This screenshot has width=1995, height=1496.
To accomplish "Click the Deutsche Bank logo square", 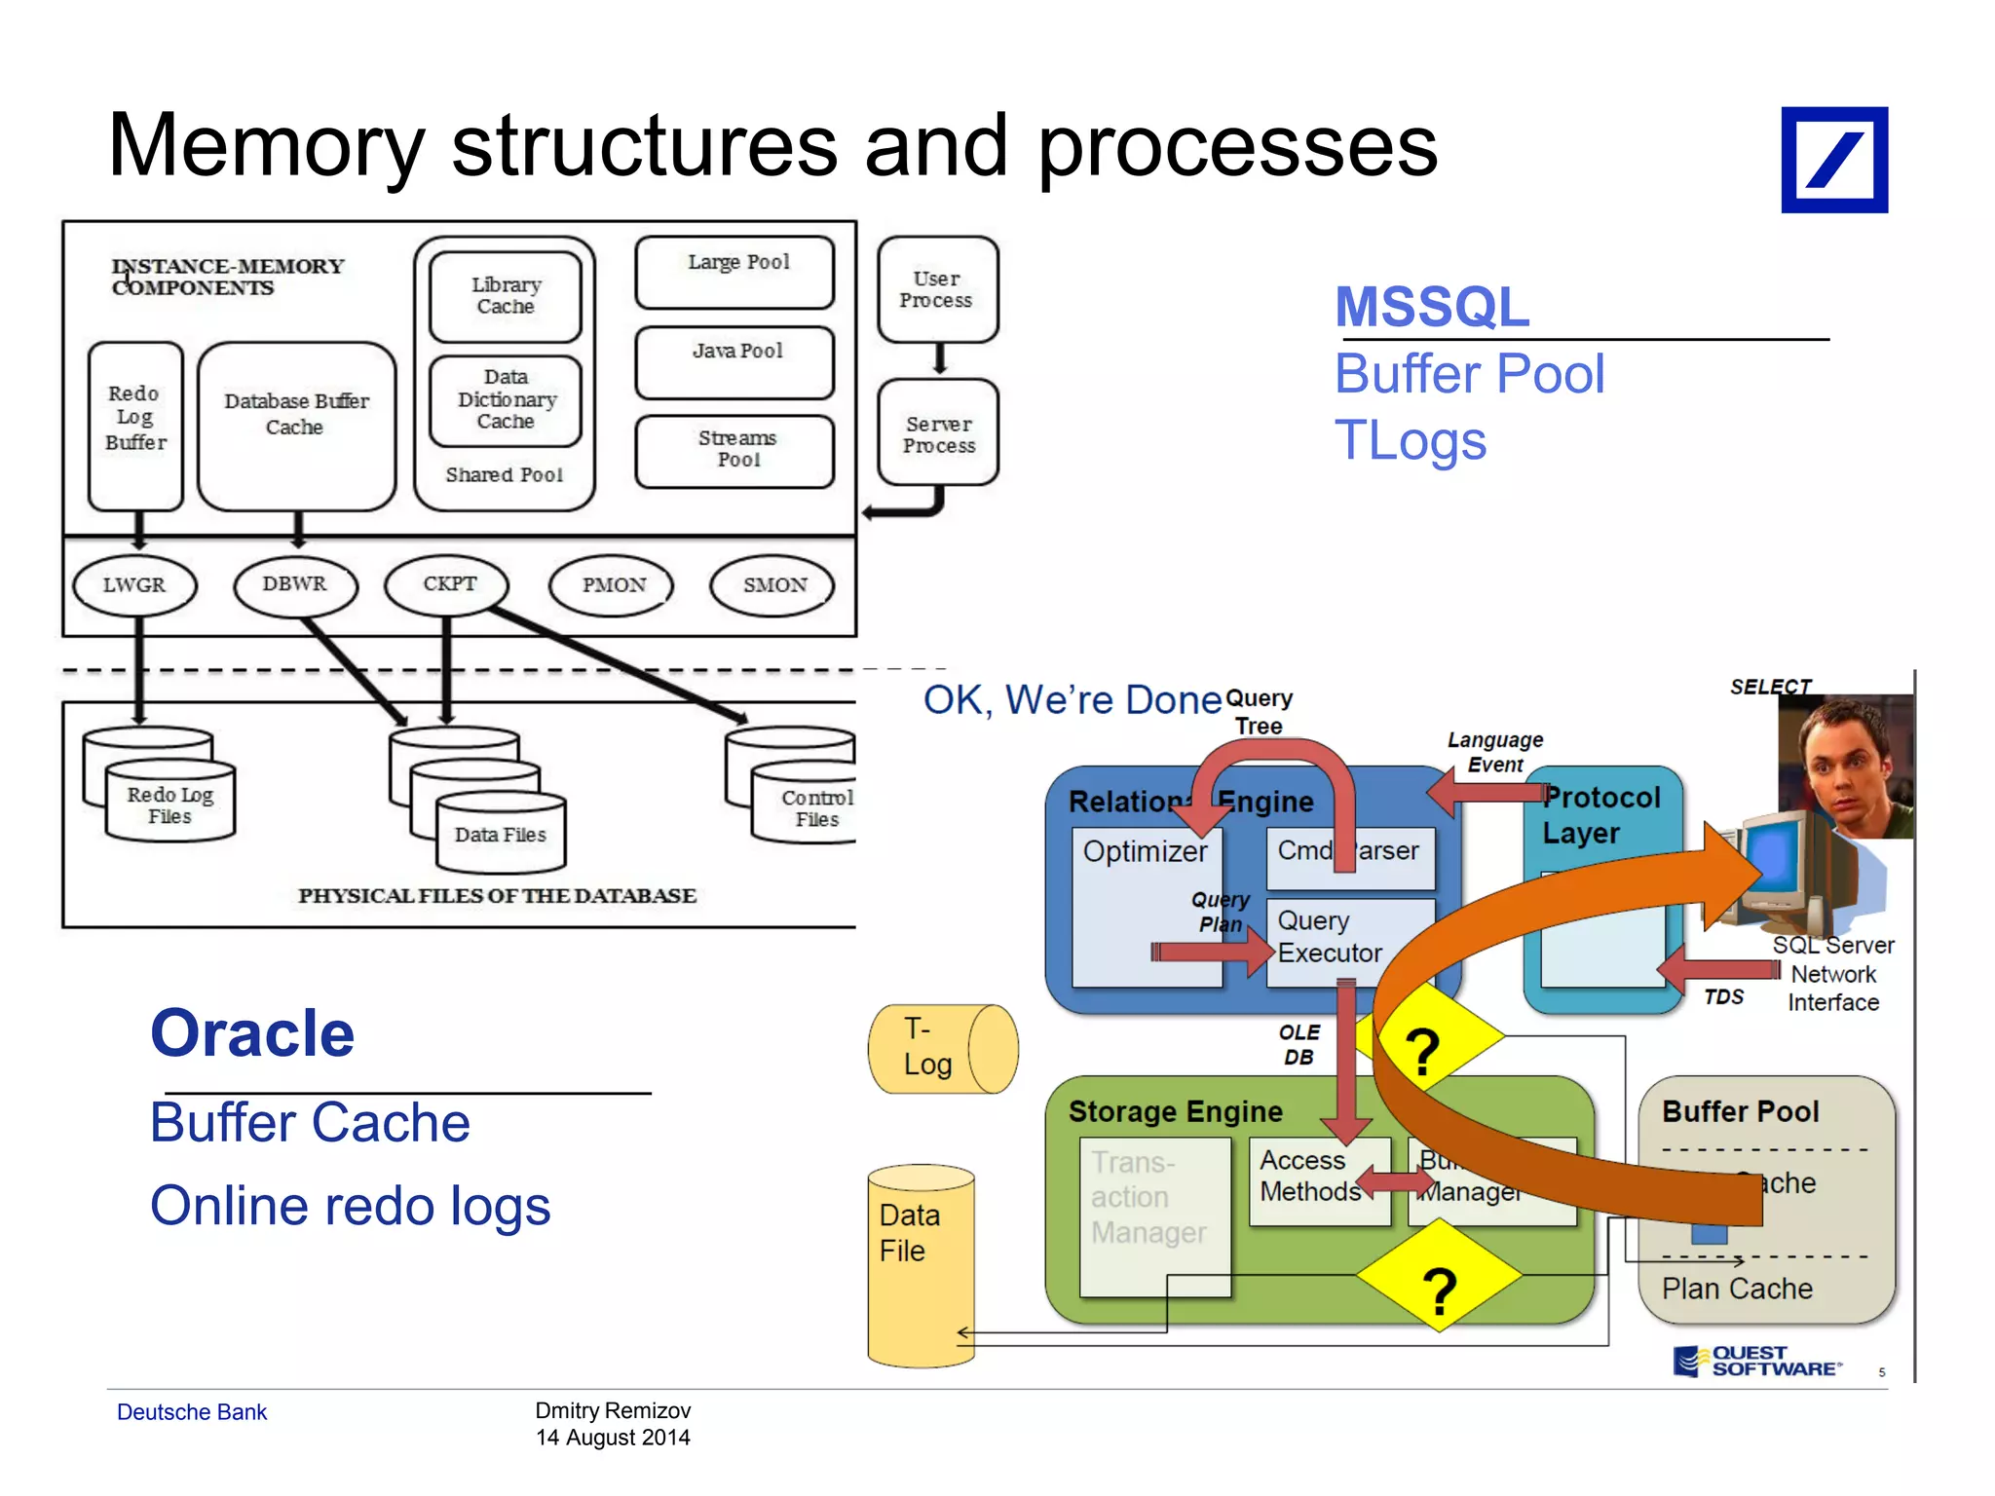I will click(1833, 160).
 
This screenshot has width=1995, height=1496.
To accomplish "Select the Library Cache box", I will click(505, 296).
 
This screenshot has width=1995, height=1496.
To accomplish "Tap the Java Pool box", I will click(735, 361).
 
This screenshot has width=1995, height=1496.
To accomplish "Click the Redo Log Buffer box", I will click(135, 425).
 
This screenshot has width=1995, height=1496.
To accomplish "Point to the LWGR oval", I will click(134, 584).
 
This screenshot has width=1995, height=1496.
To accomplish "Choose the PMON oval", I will click(613, 584).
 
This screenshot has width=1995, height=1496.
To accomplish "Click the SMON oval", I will click(774, 584).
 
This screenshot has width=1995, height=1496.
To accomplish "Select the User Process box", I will click(937, 289).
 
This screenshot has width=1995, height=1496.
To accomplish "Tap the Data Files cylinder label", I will click(501, 835).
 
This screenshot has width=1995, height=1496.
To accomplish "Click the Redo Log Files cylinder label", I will click(169, 805).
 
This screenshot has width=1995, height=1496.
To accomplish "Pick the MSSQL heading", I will click(1432, 307).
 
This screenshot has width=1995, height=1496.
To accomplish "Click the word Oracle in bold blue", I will click(252, 1033).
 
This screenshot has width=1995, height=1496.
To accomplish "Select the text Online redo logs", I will click(351, 1206).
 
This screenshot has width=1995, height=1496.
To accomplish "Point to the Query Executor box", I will click(1331, 937).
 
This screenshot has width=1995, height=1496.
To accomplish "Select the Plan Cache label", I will click(1737, 1289).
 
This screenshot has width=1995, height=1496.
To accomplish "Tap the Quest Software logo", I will click(1758, 1361).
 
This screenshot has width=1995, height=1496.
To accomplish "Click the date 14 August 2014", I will click(613, 1438).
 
